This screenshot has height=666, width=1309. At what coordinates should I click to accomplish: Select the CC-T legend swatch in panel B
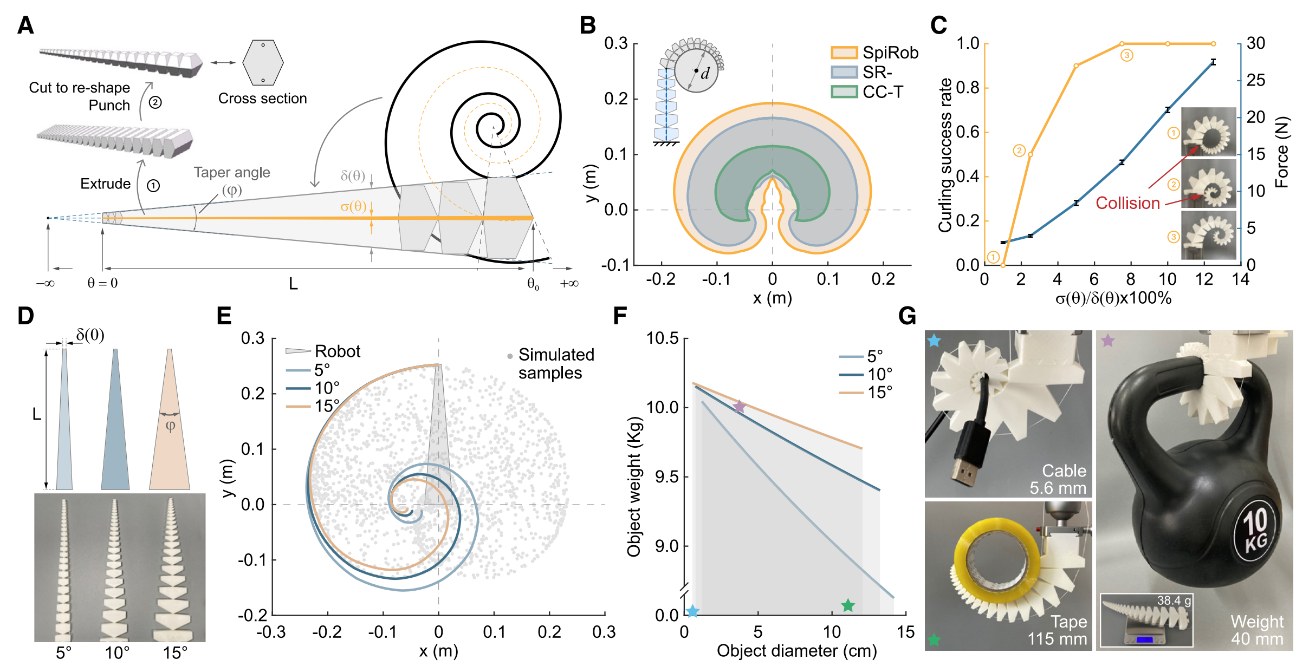click(x=844, y=92)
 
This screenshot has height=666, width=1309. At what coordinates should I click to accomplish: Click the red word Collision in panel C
click(x=1127, y=203)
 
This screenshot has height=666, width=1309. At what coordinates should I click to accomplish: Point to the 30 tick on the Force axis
click(x=1256, y=43)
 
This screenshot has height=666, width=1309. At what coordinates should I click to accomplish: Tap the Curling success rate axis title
click(x=945, y=155)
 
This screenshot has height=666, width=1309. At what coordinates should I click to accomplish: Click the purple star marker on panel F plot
click(x=739, y=407)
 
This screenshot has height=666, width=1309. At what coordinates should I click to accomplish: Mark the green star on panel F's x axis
click(x=848, y=605)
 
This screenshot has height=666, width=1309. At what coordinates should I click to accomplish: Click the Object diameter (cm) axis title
click(x=796, y=651)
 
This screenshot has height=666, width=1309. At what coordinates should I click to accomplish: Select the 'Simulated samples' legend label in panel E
click(x=556, y=363)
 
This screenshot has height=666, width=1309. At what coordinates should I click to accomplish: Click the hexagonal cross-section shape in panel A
click(x=263, y=63)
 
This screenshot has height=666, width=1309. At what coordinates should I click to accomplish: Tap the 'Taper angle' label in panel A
click(x=232, y=172)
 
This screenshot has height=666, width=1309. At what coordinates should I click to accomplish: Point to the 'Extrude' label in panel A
click(x=105, y=184)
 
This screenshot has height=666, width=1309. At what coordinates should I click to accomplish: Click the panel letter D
click(x=25, y=316)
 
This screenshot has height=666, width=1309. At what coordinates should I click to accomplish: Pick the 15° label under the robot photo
click(x=175, y=653)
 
